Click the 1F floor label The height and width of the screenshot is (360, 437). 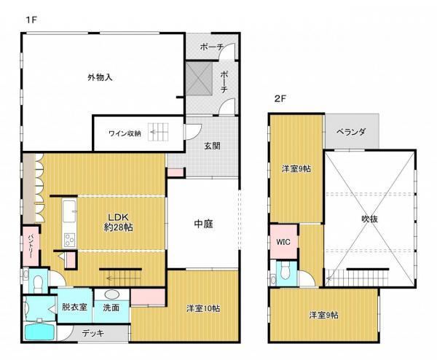click(31, 20)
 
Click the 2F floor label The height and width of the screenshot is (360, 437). click(280, 98)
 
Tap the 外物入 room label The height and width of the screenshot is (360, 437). click(100, 77)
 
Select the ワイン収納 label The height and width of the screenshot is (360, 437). click(125, 133)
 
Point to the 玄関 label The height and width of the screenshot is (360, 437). click(212, 146)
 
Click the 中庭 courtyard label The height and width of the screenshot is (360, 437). click(203, 224)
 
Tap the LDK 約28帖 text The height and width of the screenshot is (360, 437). click(118, 222)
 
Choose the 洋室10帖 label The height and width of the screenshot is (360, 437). click(203, 308)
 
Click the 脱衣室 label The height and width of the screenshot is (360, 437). click(74, 307)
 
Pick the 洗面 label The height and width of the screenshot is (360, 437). click(111, 308)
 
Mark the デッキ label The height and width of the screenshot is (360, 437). click(93, 333)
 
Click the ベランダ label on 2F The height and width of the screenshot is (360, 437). click(350, 132)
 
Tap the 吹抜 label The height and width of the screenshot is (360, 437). click(369, 219)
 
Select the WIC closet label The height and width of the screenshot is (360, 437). click(283, 242)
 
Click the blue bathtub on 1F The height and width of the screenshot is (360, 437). click(39, 332)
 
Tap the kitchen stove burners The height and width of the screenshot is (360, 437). click(69, 240)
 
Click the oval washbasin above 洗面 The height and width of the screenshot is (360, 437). click(111, 294)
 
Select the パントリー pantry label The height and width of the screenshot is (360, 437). click(31, 246)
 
